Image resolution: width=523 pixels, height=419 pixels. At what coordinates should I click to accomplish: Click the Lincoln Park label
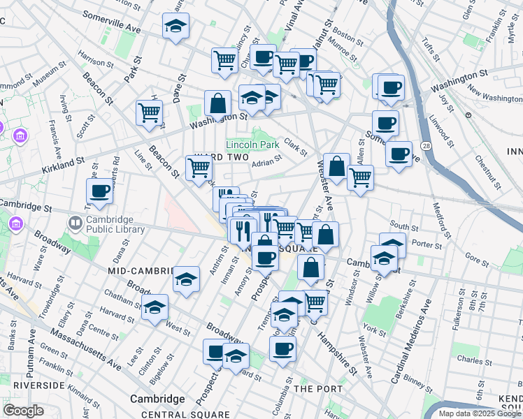(x=252, y=145)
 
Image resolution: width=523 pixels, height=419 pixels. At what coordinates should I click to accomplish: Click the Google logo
(x=23, y=410)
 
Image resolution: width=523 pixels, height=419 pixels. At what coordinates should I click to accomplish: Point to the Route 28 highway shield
(x=425, y=145)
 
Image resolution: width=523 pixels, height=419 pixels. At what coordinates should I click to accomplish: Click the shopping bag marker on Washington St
(x=217, y=103)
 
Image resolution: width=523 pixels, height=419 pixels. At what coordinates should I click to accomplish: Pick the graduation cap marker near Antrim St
(x=186, y=280)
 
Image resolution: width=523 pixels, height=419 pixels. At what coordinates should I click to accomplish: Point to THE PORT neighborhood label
(x=318, y=388)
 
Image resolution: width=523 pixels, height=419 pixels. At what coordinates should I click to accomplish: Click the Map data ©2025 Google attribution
(x=480, y=413)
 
